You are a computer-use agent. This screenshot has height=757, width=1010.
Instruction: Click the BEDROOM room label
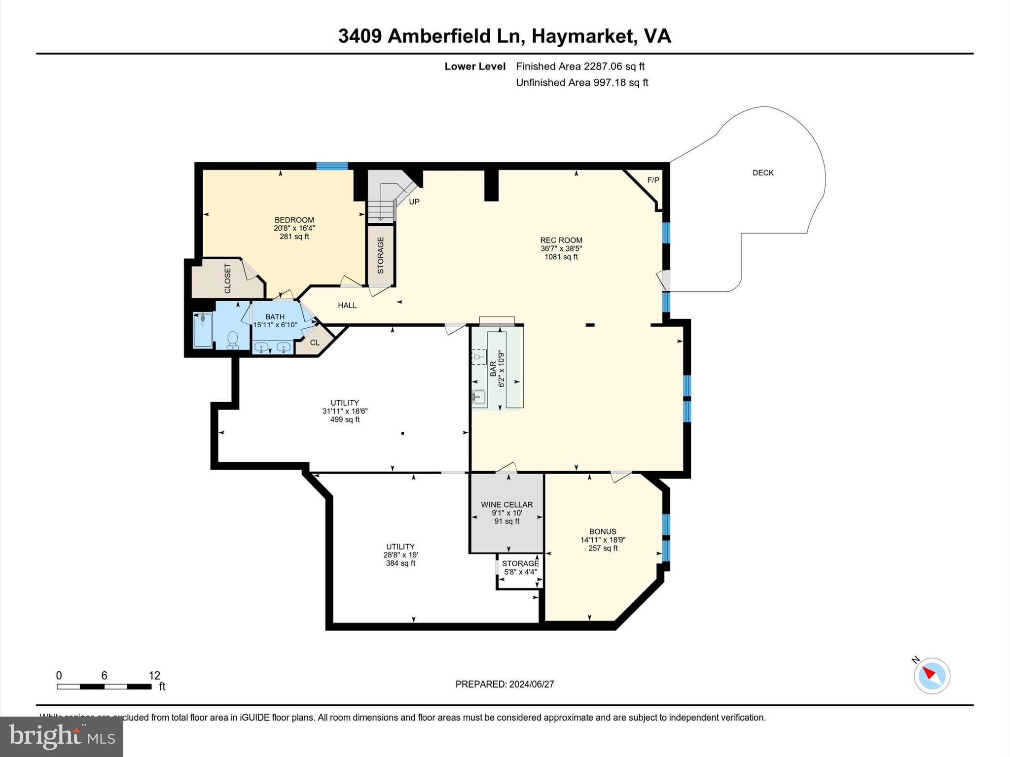pos(294,220)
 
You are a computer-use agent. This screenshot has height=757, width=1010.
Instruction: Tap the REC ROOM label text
pos(561,241)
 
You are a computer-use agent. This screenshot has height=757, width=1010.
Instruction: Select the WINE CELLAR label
pos(506,505)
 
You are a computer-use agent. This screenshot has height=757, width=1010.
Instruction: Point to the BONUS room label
pos(603,532)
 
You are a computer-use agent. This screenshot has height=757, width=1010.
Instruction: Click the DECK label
pos(763,173)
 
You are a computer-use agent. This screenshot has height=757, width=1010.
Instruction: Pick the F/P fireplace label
pos(653,180)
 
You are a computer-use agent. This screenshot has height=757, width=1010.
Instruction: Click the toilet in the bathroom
pos(232,340)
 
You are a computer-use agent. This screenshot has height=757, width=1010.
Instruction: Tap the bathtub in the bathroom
pos(203,330)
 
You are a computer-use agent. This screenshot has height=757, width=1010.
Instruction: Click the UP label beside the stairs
pos(414,202)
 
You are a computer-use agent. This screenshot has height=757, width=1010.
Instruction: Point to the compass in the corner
pos(932,676)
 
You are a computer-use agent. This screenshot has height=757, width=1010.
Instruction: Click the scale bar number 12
pos(154,676)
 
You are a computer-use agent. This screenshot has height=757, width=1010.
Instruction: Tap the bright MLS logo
pos(62,736)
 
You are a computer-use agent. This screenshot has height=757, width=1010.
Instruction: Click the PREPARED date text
pos(505,684)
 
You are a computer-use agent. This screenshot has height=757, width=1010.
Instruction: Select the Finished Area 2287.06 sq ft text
pos(580,67)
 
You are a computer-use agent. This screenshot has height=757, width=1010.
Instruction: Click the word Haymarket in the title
pos(582,36)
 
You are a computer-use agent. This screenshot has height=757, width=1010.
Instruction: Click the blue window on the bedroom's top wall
pos(332,166)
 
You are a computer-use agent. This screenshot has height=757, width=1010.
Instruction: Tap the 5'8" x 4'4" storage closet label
pos(520,572)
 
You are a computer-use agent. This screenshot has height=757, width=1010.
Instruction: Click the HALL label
pos(347,306)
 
